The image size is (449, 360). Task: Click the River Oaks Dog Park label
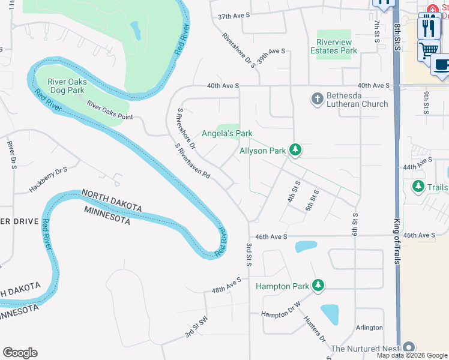(x=67, y=86)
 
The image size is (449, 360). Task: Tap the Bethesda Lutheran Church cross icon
(x=318, y=98)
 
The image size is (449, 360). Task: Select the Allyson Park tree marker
(x=295, y=149)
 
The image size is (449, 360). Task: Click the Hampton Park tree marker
(x=319, y=286)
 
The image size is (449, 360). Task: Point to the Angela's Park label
(x=226, y=133)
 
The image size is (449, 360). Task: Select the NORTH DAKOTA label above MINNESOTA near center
(x=111, y=201)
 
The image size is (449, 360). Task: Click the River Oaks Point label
(x=109, y=110)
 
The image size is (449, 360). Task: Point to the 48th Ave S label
(x=226, y=285)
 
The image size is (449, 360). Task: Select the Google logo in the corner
(x=20, y=353)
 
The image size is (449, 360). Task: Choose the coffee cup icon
(x=441, y=64)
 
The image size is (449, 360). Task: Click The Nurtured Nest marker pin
(x=409, y=347)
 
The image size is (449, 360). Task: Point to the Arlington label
(x=369, y=328)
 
